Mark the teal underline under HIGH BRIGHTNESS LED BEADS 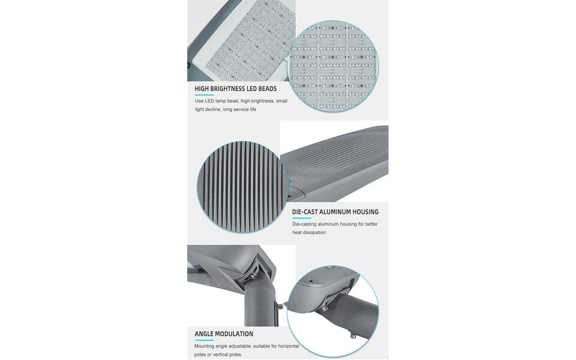pyautogui.click(x=200, y=95)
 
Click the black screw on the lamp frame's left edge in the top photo pyautogui.click(x=190, y=65)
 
